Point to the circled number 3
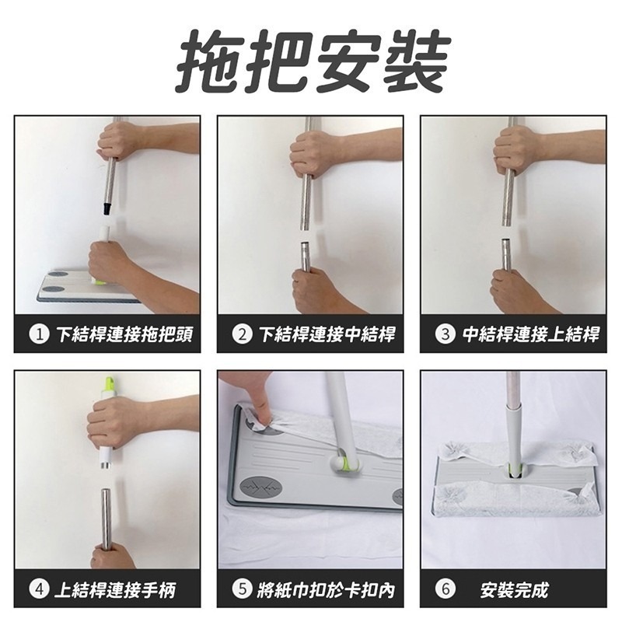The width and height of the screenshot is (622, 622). [x=445, y=334]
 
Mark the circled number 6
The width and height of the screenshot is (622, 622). [x=445, y=589]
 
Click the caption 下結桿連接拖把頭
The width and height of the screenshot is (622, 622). [x=124, y=334]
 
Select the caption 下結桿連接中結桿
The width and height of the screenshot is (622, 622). [x=327, y=334]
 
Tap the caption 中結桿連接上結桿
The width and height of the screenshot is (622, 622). [x=530, y=334]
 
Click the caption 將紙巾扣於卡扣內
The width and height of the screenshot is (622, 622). [x=327, y=589]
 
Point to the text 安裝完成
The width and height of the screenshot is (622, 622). [x=514, y=589]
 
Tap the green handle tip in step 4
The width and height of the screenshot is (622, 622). [x=110, y=385]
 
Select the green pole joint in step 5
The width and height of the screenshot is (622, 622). [x=342, y=464]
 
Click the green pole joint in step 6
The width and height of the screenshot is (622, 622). [x=514, y=470]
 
